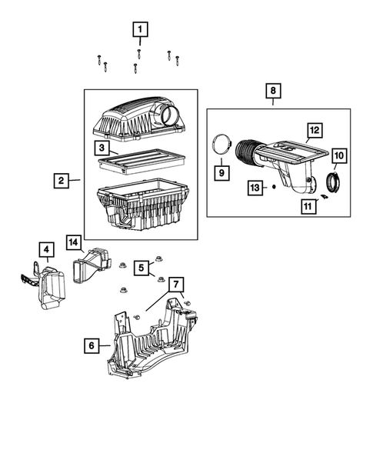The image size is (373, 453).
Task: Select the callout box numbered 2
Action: [60, 182]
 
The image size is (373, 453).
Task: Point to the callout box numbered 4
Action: [46, 249]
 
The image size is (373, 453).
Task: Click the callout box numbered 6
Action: [92, 347]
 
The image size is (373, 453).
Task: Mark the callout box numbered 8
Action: [273, 91]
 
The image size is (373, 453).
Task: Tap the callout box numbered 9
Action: [221, 173]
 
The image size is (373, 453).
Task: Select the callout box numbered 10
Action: [339, 156]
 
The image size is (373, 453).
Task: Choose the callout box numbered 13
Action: [255, 187]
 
